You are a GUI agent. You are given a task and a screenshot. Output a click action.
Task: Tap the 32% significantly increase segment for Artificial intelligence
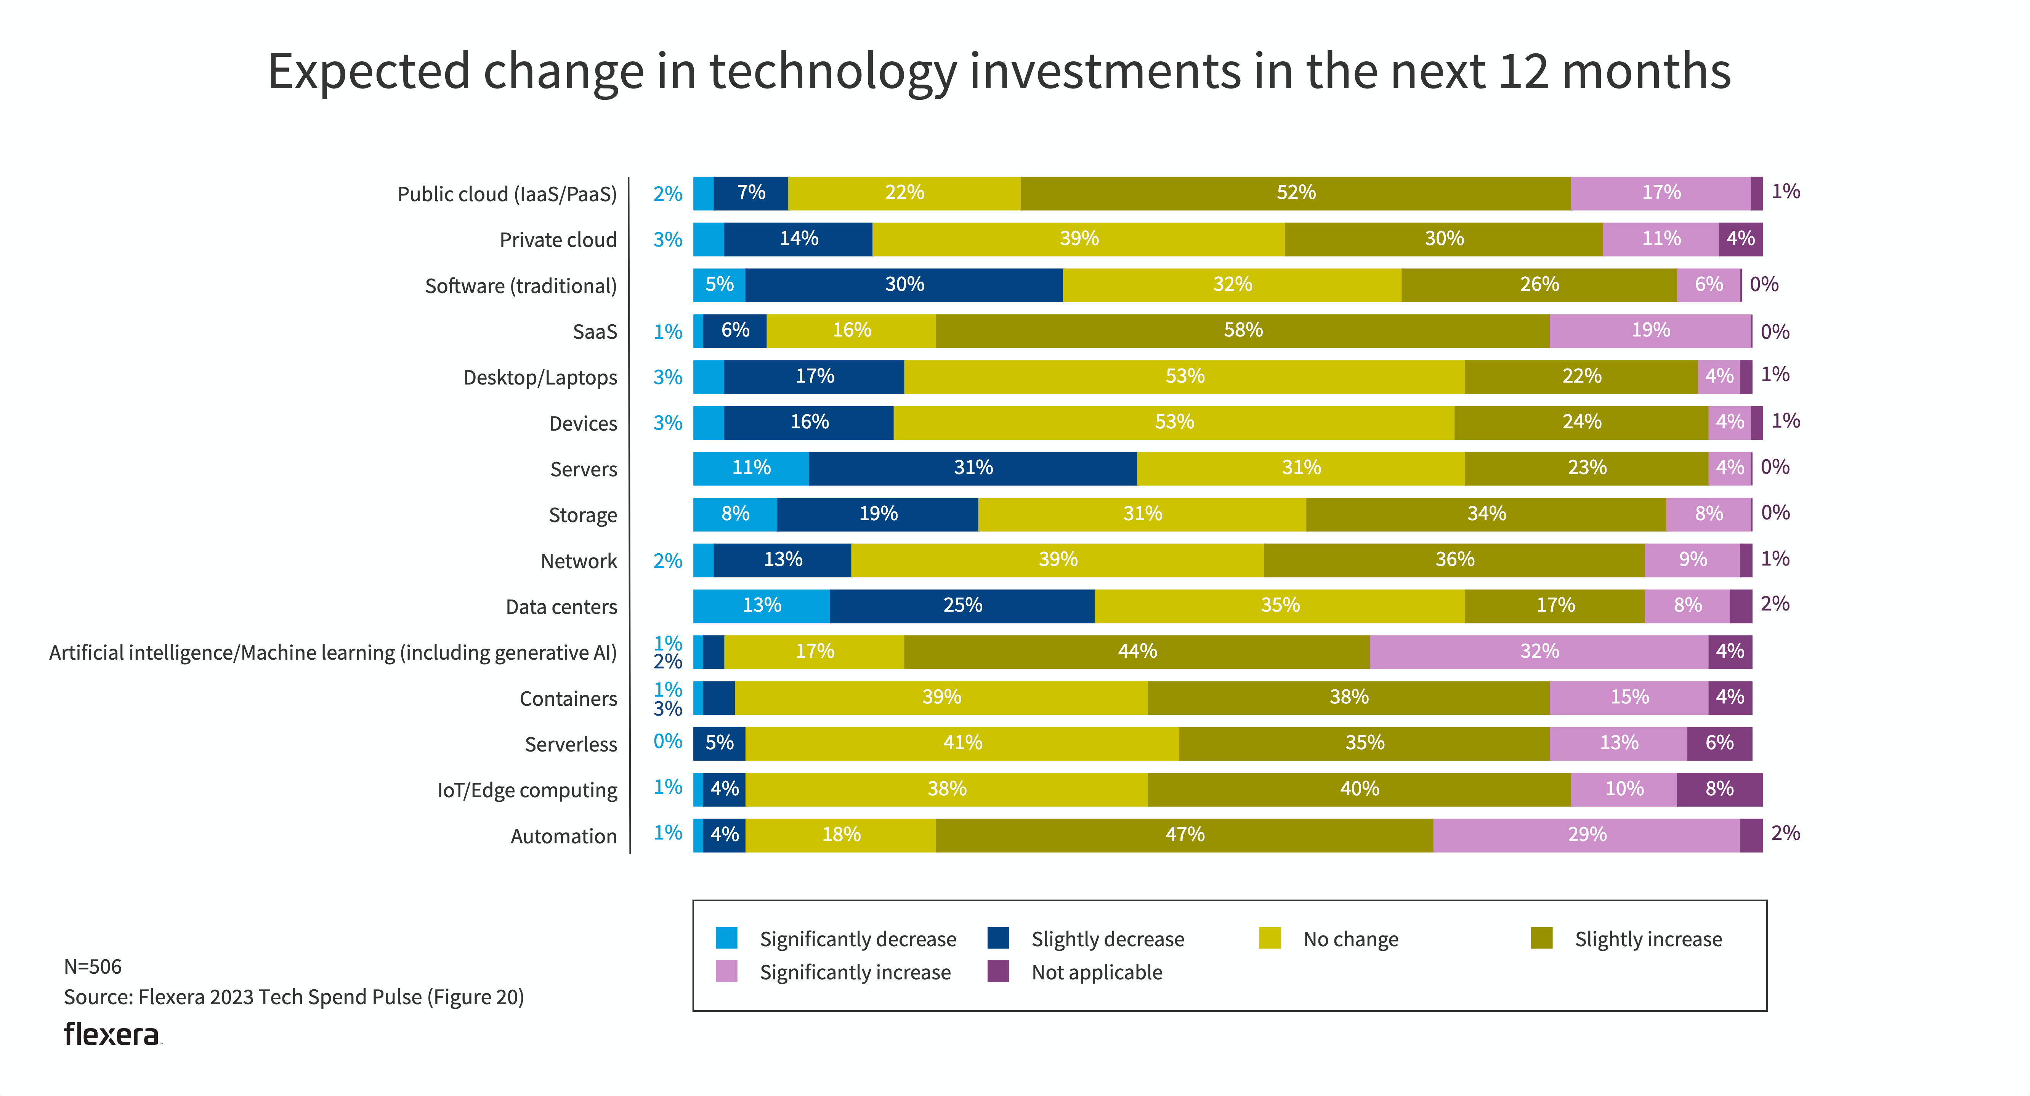coord(1538,652)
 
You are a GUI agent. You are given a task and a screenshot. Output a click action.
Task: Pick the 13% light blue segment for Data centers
coord(761,606)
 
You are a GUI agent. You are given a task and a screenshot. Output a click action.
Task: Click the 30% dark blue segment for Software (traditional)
coord(904,285)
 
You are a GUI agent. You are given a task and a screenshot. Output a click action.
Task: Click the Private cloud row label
coord(558,240)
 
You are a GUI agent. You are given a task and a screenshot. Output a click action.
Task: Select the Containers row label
coord(568,699)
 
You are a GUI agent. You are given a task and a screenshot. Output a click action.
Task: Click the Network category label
coord(579,562)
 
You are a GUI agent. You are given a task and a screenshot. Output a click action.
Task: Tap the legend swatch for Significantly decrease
coord(726,938)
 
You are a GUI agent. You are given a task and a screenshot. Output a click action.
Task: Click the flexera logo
coord(112,1035)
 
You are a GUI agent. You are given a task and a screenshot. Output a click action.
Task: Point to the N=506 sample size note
coord(93,967)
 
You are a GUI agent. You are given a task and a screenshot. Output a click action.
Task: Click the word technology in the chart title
coord(833,72)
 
